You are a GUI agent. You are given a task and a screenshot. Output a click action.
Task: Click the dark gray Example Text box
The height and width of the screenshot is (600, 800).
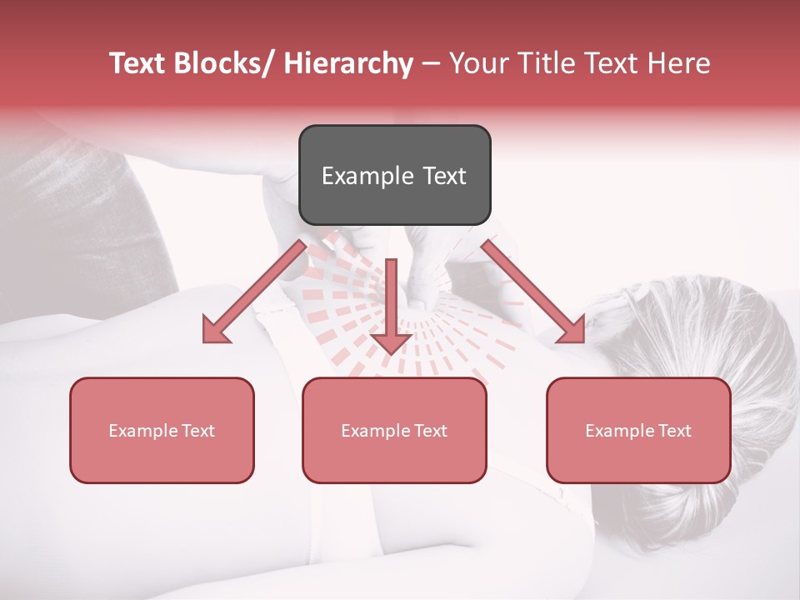(x=394, y=175)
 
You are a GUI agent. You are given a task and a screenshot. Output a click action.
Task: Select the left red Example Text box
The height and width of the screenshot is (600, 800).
(x=162, y=430)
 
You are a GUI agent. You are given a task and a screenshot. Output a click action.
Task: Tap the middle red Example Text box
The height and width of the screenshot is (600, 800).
(x=394, y=430)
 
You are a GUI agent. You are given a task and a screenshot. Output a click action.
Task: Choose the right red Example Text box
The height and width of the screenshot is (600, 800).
(x=638, y=430)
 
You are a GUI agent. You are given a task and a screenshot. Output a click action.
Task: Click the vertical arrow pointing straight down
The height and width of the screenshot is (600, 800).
(x=391, y=308)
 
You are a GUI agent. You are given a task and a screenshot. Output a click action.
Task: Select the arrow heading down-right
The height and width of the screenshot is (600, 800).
(x=533, y=291)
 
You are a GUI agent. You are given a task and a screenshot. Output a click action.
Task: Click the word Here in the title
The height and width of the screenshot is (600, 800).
(x=680, y=63)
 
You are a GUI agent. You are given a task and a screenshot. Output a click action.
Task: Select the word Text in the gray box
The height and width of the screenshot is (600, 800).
(x=444, y=176)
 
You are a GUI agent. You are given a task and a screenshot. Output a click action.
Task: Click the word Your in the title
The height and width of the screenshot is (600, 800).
(x=477, y=63)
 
